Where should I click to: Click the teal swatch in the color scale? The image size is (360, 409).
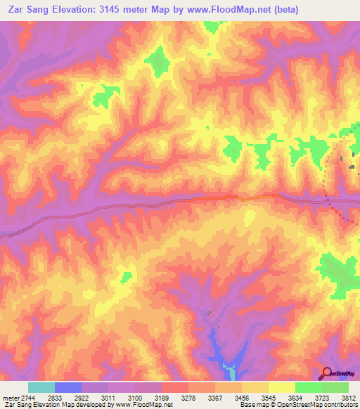tap(41, 388)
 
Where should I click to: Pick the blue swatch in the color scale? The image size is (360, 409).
tap(67, 388)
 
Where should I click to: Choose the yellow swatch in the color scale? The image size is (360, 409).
tap(281, 388)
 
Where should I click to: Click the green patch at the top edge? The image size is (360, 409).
tap(211, 26)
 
